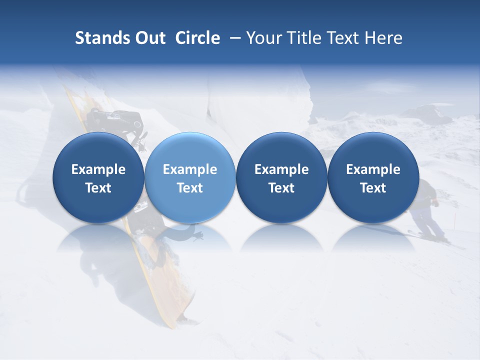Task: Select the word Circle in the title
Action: [x=197, y=38]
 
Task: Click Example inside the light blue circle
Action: [x=190, y=169]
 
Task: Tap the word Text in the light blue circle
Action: [x=190, y=188]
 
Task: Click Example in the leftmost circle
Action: [x=98, y=169]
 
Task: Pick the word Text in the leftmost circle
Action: [x=98, y=188]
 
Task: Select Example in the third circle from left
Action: [x=281, y=169]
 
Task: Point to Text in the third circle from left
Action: [x=281, y=188]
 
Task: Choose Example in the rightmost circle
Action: [x=373, y=169]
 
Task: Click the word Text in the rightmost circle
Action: [x=373, y=188]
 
